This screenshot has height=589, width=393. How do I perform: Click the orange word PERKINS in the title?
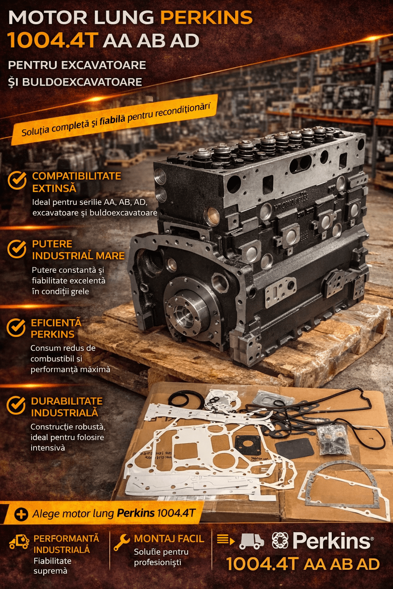click(206, 18)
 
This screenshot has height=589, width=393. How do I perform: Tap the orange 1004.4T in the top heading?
click(53, 41)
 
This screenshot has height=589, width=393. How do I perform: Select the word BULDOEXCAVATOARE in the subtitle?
click(82, 82)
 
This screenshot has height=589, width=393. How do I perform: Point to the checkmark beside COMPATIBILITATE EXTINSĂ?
click(17, 180)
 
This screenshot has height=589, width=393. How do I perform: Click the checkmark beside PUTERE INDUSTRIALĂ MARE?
click(17, 248)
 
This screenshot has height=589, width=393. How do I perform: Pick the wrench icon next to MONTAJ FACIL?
click(122, 542)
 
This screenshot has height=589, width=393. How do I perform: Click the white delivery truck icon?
click(251, 541)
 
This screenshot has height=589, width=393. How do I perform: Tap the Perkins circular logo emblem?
click(280, 541)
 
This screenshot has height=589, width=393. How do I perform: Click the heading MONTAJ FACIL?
click(169, 538)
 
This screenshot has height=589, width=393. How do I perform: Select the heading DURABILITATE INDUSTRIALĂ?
click(67, 407)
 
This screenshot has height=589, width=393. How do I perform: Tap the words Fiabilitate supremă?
click(52, 566)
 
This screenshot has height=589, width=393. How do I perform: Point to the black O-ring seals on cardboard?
click(186, 399)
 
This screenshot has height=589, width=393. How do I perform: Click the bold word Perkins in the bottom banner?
click(135, 513)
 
